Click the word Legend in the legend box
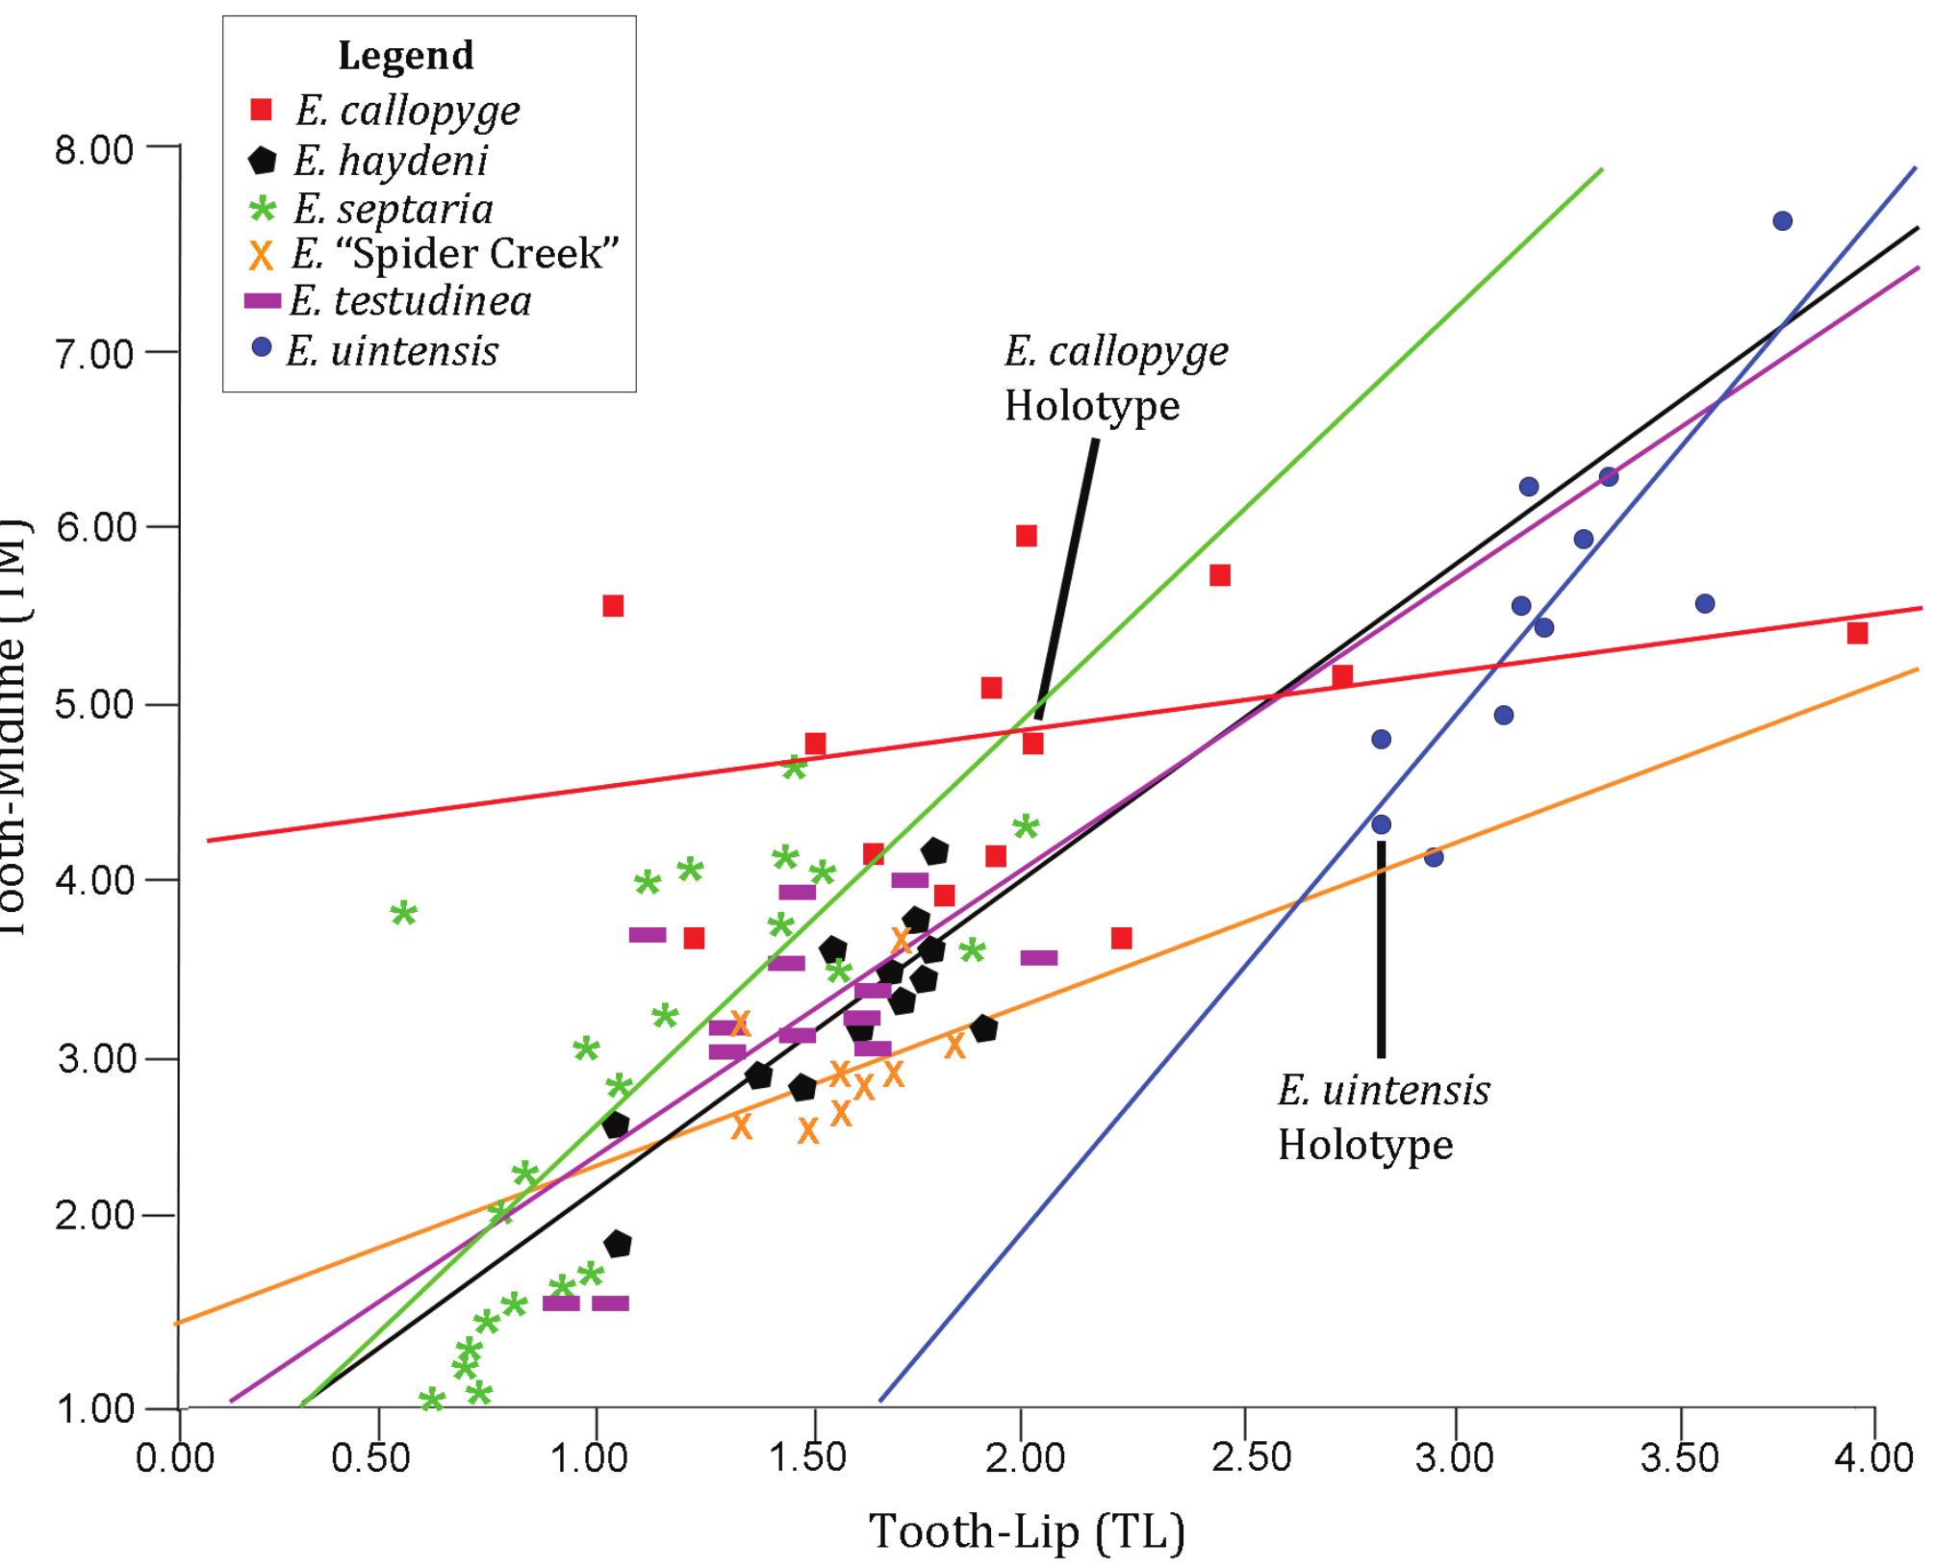point(405,56)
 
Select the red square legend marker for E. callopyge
point(260,110)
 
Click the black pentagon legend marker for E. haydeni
point(261,160)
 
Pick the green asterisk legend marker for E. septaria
point(262,208)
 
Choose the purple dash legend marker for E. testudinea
point(262,301)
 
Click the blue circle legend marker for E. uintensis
point(261,347)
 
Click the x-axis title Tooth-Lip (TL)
point(1027,1531)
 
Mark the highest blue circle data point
point(1782,221)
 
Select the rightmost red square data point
point(1857,633)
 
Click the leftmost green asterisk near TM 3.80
point(404,913)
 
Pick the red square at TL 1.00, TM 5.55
point(613,606)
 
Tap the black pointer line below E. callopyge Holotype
point(1066,577)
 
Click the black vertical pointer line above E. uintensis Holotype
point(1381,948)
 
